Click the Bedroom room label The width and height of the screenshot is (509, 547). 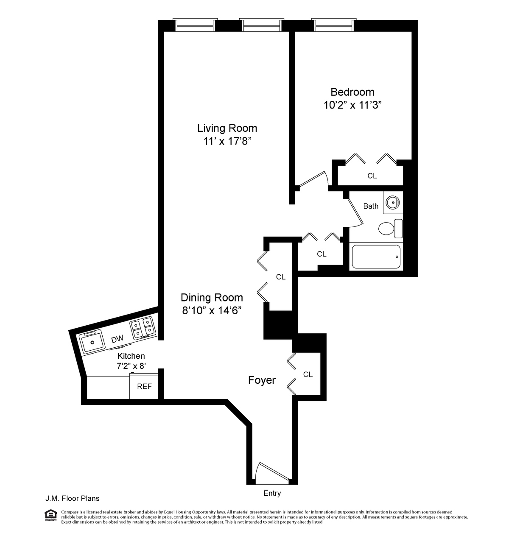coord(352,92)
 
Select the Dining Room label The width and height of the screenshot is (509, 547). coord(212,297)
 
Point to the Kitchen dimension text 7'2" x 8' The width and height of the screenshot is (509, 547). coord(131,366)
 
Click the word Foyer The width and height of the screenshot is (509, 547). coord(262,380)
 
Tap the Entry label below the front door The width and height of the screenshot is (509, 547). coord(272,494)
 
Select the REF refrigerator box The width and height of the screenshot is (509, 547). coord(144,387)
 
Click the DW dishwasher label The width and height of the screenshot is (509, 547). coord(117,339)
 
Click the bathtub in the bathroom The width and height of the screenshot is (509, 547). coord(376,257)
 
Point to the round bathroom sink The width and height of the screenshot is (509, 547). coord(393,203)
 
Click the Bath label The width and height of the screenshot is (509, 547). coord(371,206)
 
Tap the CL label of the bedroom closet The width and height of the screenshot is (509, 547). coord(372,176)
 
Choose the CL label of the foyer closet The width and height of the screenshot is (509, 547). coord(308,374)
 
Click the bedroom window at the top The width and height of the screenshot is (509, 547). coord(333,25)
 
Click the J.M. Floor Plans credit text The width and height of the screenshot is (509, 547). coord(73,499)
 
